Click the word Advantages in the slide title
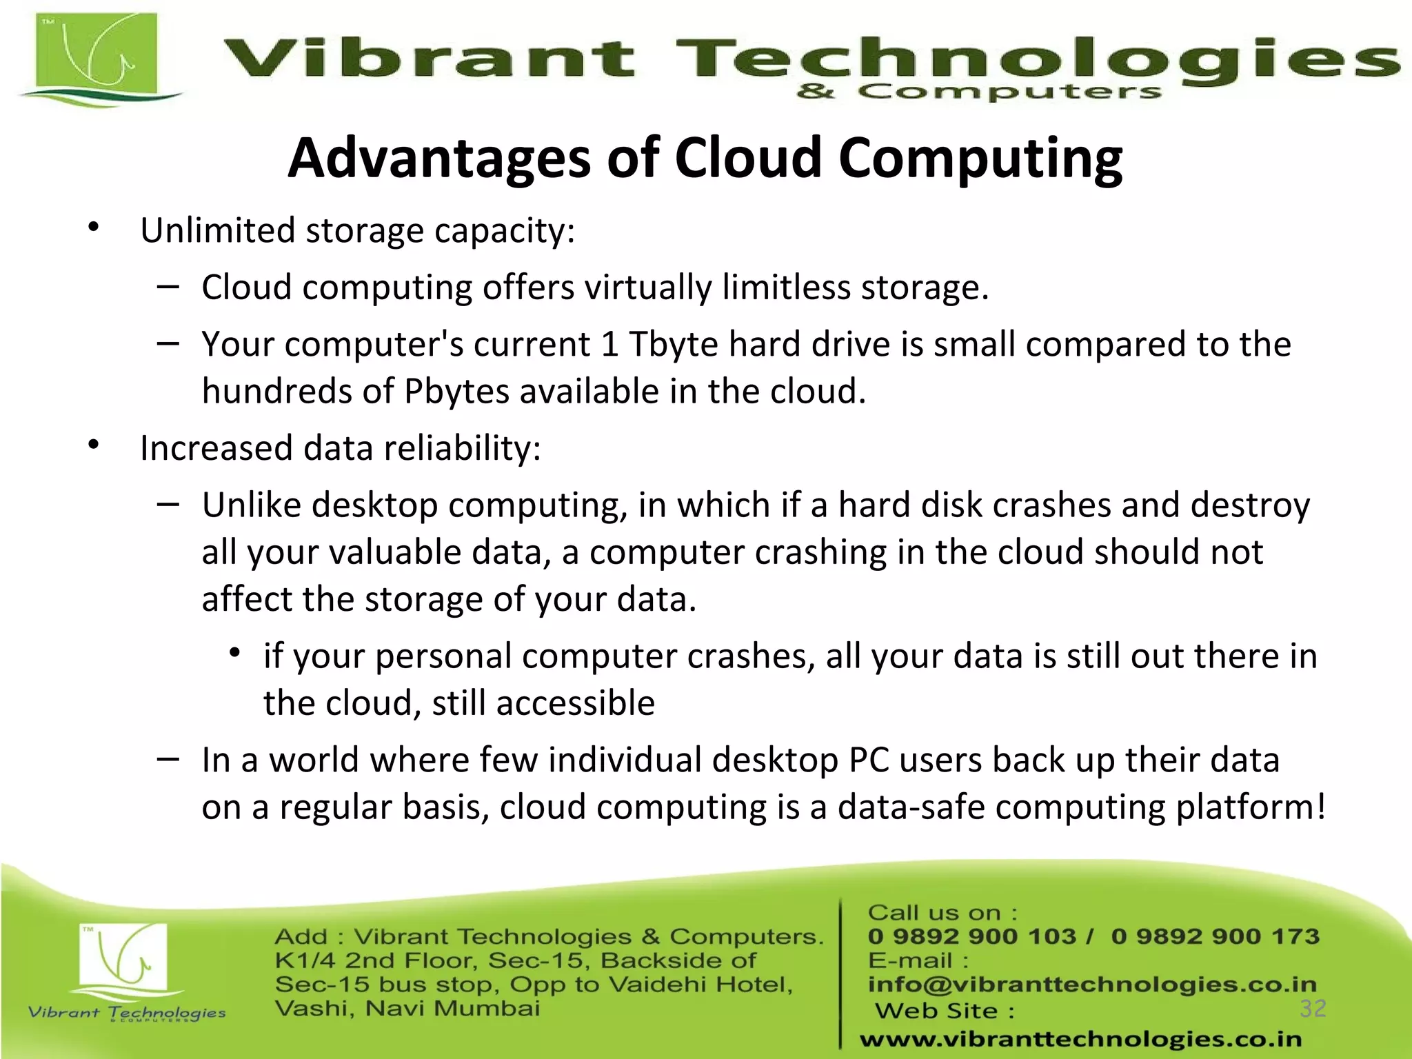(x=438, y=159)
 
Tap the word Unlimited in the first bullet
(x=217, y=230)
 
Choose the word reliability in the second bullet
(x=461, y=449)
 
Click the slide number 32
(x=1313, y=1009)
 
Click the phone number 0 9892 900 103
(x=971, y=936)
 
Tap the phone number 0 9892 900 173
(x=1215, y=936)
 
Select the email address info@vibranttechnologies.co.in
(x=1092, y=984)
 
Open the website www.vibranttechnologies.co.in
(x=1080, y=1039)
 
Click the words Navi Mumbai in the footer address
(x=452, y=1009)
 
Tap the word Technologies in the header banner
(x=1034, y=59)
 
